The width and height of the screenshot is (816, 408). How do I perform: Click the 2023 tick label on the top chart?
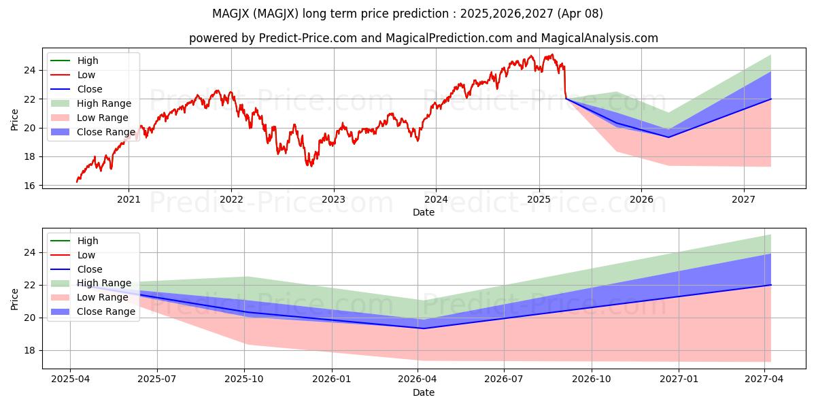tap(333, 199)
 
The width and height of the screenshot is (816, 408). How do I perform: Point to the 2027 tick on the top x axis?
tap(743, 199)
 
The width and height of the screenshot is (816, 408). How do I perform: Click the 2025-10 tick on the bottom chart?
tap(244, 379)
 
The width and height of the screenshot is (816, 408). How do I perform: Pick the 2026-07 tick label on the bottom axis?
tap(505, 379)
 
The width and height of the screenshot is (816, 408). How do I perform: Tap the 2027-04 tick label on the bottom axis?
tap(765, 379)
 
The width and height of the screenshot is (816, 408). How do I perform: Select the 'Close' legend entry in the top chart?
tap(90, 89)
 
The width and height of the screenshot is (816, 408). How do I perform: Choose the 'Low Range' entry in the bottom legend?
tap(103, 297)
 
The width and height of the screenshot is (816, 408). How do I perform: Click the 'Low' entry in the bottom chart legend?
tap(86, 255)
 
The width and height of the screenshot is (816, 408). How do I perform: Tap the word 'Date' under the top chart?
tap(423, 212)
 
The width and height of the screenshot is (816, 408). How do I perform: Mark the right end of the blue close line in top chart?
tap(770, 99)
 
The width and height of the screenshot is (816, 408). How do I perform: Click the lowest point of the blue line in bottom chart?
tap(423, 328)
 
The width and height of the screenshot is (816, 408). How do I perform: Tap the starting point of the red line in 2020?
tap(76, 182)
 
